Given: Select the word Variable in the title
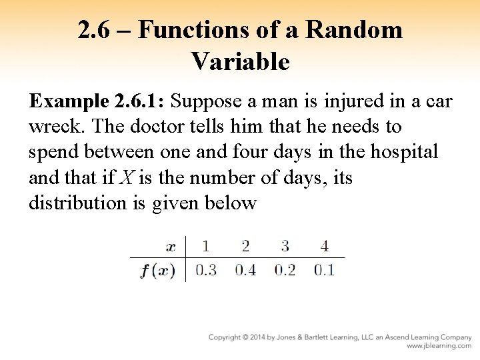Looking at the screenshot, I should point(240,62).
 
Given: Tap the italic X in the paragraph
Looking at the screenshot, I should point(126,177).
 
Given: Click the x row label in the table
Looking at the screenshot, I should point(171,247).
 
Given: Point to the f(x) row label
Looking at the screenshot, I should point(158,271).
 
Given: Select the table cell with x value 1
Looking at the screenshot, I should point(205,246).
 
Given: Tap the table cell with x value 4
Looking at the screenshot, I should point(324,246).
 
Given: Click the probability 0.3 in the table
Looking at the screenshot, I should point(205,271).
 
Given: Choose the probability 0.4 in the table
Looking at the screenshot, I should point(245,271).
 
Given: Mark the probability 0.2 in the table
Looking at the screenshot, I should point(285,271).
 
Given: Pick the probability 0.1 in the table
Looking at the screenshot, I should point(324,271).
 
